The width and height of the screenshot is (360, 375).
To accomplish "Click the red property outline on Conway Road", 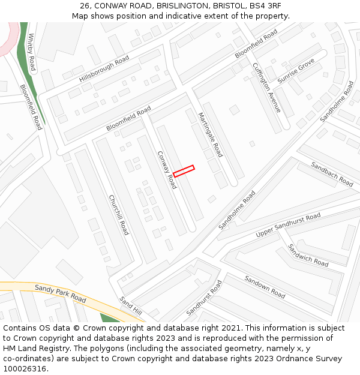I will click(x=184, y=171).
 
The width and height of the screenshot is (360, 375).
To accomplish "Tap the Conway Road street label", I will click(x=167, y=170).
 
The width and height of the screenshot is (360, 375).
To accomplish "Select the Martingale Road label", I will click(x=210, y=135).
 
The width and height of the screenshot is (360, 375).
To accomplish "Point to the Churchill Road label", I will click(x=119, y=215).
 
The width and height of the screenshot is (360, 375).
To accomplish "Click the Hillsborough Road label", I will click(x=104, y=69).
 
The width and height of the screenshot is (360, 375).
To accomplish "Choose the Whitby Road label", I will click(x=32, y=52).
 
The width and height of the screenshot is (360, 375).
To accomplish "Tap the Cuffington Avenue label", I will click(x=266, y=88).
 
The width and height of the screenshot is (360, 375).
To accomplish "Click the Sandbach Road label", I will click(x=332, y=173).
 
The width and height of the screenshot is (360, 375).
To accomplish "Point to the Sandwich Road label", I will click(x=308, y=255).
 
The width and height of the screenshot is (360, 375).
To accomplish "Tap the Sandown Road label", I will click(x=265, y=286).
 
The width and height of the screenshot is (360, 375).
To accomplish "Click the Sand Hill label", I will click(x=130, y=306).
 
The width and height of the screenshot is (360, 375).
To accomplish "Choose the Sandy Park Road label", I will click(x=60, y=293).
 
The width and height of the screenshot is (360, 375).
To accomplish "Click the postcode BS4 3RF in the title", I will click(x=265, y=6).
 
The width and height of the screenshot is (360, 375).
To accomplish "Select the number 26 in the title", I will click(x=85, y=6).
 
